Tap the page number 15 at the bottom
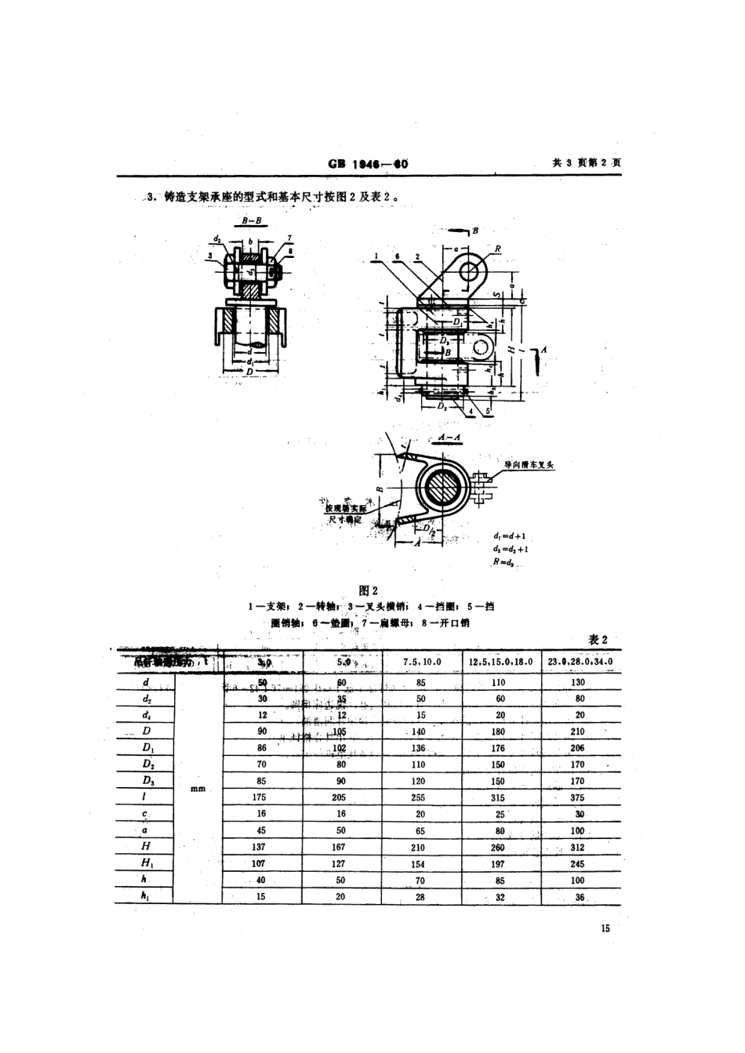coord(604,928)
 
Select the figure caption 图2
coord(368,590)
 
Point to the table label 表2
coord(598,640)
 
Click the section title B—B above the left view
coord(252,222)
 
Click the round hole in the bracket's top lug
coord(471,271)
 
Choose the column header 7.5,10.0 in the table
coord(421,662)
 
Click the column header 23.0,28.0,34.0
coord(580,662)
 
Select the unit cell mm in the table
coord(198,789)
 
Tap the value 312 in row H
coord(579,847)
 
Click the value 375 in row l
coord(579,797)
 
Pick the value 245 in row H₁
coord(579,864)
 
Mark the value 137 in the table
coord(260,847)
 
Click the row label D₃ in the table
coord(147,781)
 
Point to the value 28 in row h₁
coord(420,897)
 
